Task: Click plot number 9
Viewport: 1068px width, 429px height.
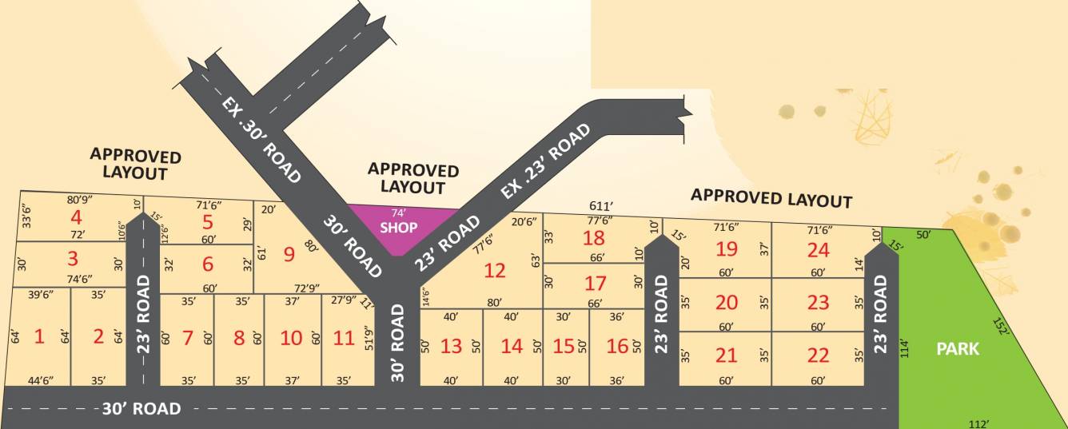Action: (x=289, y=255)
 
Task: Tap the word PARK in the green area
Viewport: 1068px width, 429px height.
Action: (x=958, y=349)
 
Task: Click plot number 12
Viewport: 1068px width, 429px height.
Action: (x=495, y=271)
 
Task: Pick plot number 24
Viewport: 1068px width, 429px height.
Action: (x=818, y=250)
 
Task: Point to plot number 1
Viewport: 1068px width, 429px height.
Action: (x=38, y=336)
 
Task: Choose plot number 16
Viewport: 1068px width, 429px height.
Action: (x=617, y=346)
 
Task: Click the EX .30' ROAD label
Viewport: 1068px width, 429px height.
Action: (x=261, y=141)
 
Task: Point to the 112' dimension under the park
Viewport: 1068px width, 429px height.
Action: (x=980, y=423)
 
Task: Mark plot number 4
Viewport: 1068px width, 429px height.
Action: (x=77, y=217)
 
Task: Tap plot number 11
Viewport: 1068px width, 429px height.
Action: (x=344, y=337)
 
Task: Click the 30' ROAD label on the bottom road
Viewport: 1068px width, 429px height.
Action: (x=141, y=409)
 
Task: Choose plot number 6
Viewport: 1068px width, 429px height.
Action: (x=208, y=264)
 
